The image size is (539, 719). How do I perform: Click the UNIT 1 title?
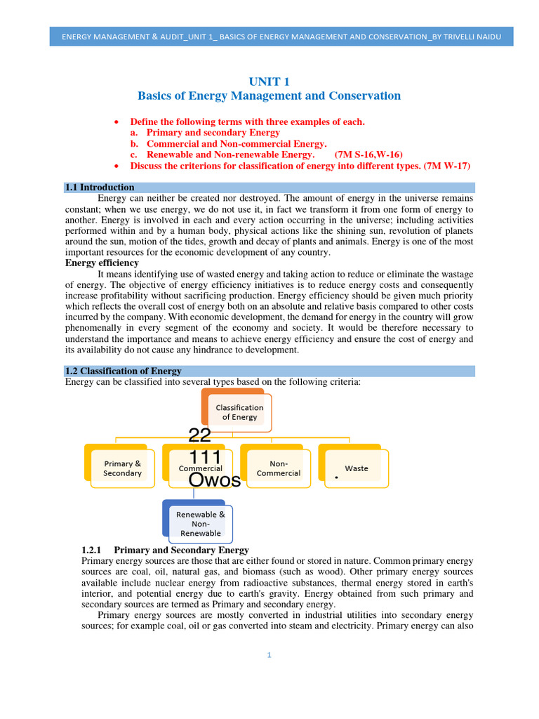click(x=269, y=81)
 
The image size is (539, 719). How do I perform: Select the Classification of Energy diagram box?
click(x=239, y=411)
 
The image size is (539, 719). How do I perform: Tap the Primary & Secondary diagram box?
click(x=123, y=468)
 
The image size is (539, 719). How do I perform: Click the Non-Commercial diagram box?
click(x=278, y=468)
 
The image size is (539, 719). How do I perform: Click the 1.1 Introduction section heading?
click(x=100, y=187)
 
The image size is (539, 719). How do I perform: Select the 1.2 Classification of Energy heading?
click(x=124, y=371)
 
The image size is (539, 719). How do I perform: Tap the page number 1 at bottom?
click(x=269, y=655)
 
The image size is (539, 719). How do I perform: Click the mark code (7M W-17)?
click(x=442, y=166)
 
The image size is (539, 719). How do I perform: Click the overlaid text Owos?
click(x=215, y=480)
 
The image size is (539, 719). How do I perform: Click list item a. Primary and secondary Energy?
click(x=205, y=132)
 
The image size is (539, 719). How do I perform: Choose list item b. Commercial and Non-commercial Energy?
click(x=218, y=143)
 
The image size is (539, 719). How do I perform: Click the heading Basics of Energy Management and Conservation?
click(x=269, y=95)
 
